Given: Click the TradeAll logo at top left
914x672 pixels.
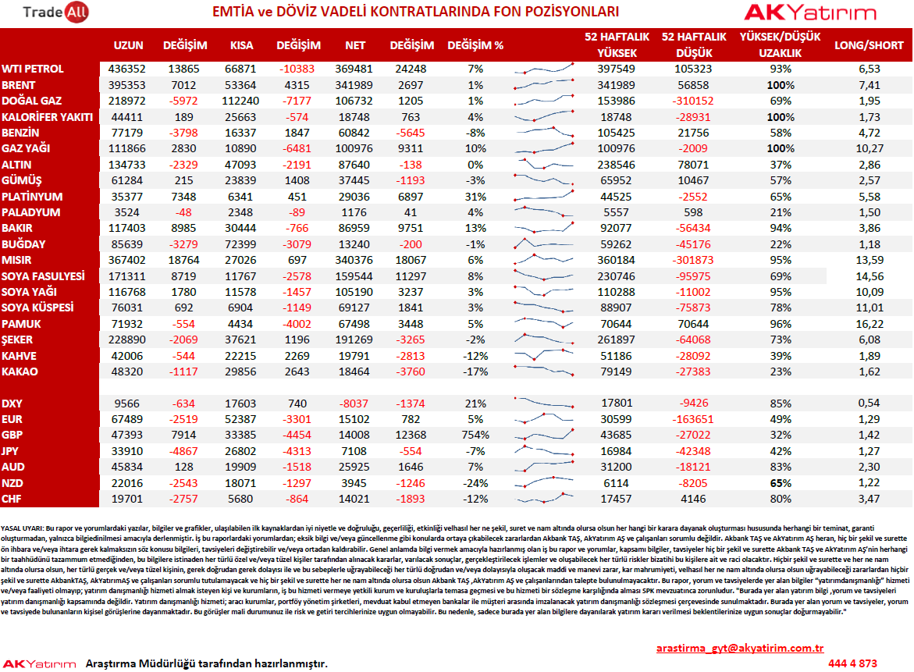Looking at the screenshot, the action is pos(55,12).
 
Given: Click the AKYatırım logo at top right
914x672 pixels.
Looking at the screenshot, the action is pos(810,12).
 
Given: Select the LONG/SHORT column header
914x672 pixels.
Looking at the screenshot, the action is pos(869,45).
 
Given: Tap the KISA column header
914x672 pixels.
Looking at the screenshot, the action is pos(241,45).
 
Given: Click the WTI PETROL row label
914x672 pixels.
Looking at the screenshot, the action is pos(33,69).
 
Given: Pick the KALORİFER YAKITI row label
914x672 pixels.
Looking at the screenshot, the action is pos(47,117).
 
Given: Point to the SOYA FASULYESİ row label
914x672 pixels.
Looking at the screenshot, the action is pos(43,276).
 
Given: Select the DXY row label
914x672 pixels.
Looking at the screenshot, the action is pos(12,404).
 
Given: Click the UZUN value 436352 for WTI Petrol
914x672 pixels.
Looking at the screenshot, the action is pos(127,69).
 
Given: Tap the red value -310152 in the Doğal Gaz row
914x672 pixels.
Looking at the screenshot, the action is pos(693,101).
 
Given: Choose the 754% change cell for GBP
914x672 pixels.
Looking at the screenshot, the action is pos(475,435).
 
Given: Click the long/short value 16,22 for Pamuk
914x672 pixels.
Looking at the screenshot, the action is pos(870,324).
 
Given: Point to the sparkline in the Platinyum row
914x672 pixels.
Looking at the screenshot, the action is pos(544,194).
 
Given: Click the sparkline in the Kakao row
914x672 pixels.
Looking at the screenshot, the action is pos(544,370).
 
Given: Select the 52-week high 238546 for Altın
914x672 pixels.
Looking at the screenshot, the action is pos(617,165).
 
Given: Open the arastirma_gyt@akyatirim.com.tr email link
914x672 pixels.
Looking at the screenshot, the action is pos(740,648).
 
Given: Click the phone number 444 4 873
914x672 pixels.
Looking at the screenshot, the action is pos(852,663).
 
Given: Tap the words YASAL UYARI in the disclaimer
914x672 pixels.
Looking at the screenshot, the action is pos(22,528).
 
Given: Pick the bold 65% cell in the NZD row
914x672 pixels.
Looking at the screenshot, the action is pos(781,483).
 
